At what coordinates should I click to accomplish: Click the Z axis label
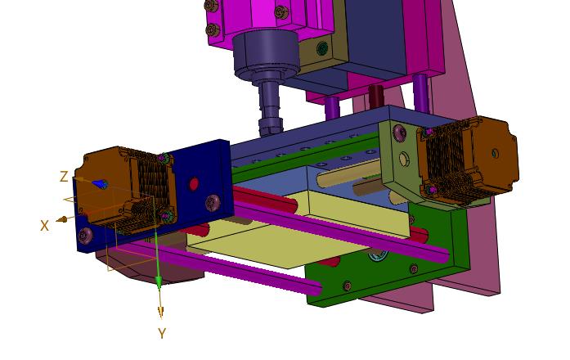(64, 177)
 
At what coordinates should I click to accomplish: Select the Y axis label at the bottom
(162, 334)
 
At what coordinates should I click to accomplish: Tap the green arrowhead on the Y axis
(159, 281)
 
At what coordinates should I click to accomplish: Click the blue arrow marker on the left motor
(99, 184)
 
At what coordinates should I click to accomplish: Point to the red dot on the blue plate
(194, 184)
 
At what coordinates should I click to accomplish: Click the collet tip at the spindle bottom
(270, 128)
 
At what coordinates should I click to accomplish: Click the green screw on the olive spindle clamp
(321, 49)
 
